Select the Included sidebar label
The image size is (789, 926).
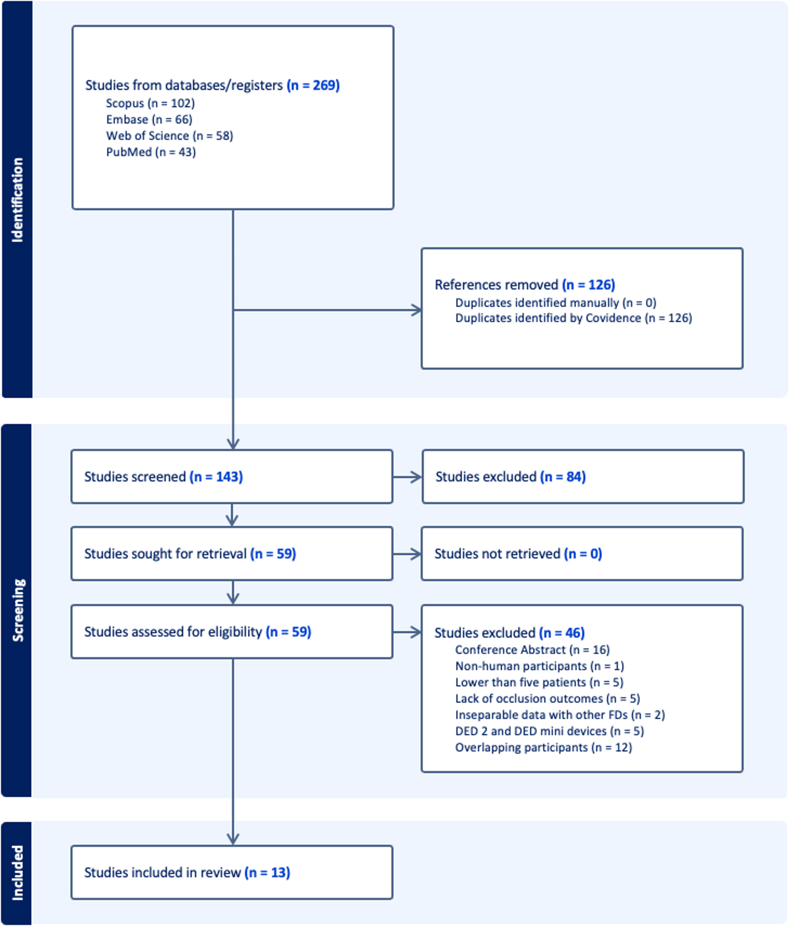(x=17, y=872)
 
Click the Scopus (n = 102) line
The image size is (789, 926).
(x=150, y=103)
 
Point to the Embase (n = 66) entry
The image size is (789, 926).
(x=149, y=119)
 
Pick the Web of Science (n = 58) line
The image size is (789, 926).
(x=169, y=136)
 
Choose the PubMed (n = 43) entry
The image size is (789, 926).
(x=150, y=152)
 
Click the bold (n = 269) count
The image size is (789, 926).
(x=313, y=85)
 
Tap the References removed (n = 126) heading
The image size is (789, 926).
(x=525, y=285)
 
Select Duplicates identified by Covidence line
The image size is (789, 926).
(x=573, y=318)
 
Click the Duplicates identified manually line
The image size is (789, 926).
(x=555, y=303)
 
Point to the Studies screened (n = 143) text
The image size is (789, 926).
(x=163, y=476)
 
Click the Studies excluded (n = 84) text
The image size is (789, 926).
(x=510, y=476)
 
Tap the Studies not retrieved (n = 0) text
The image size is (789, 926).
(x=518, y=554)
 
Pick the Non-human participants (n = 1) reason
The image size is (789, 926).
(x=539, y=666)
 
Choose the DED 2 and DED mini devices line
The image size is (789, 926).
(x=549, y=731)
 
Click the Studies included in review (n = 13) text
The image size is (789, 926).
(x=187, y=872)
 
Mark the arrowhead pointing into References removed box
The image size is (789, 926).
(x=417, y=310)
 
